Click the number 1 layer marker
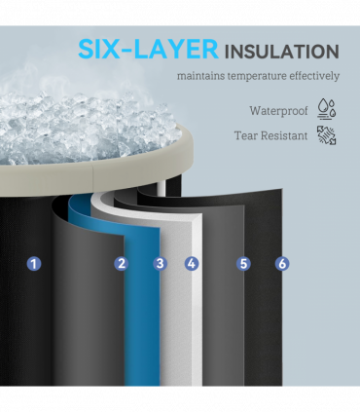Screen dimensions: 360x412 (x=34, y=263)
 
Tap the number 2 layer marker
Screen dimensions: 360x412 (x=122, y=263)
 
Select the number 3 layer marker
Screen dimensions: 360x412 (x=161, y=263)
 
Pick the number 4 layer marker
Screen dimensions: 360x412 (x=192, y=263)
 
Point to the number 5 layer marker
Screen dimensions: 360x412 (x=243, y=263)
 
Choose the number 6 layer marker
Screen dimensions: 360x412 (x=282, y=263)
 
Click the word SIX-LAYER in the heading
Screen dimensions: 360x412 (x=148, y=50)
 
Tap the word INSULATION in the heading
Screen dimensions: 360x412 (x=282, y=52)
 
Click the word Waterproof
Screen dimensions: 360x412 (x=278, y=111)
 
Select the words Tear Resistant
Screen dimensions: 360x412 (x=270, y=135)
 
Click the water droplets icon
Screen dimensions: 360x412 (x=326, y=109)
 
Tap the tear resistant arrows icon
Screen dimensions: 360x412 (x=326, y=135)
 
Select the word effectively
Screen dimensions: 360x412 (x=314, y=76)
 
